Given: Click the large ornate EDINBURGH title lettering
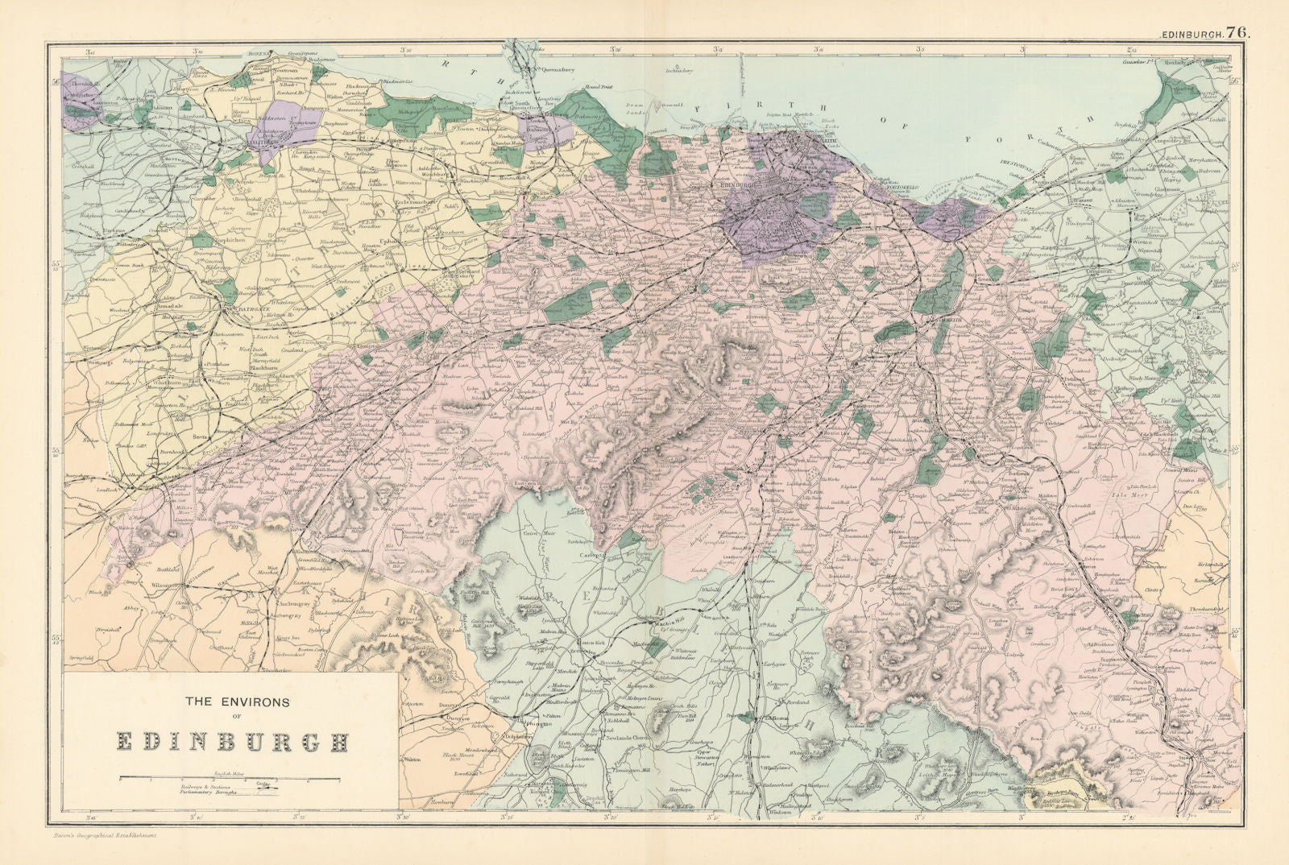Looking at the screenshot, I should point(228,741).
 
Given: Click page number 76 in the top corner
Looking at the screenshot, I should point(1239,10).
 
